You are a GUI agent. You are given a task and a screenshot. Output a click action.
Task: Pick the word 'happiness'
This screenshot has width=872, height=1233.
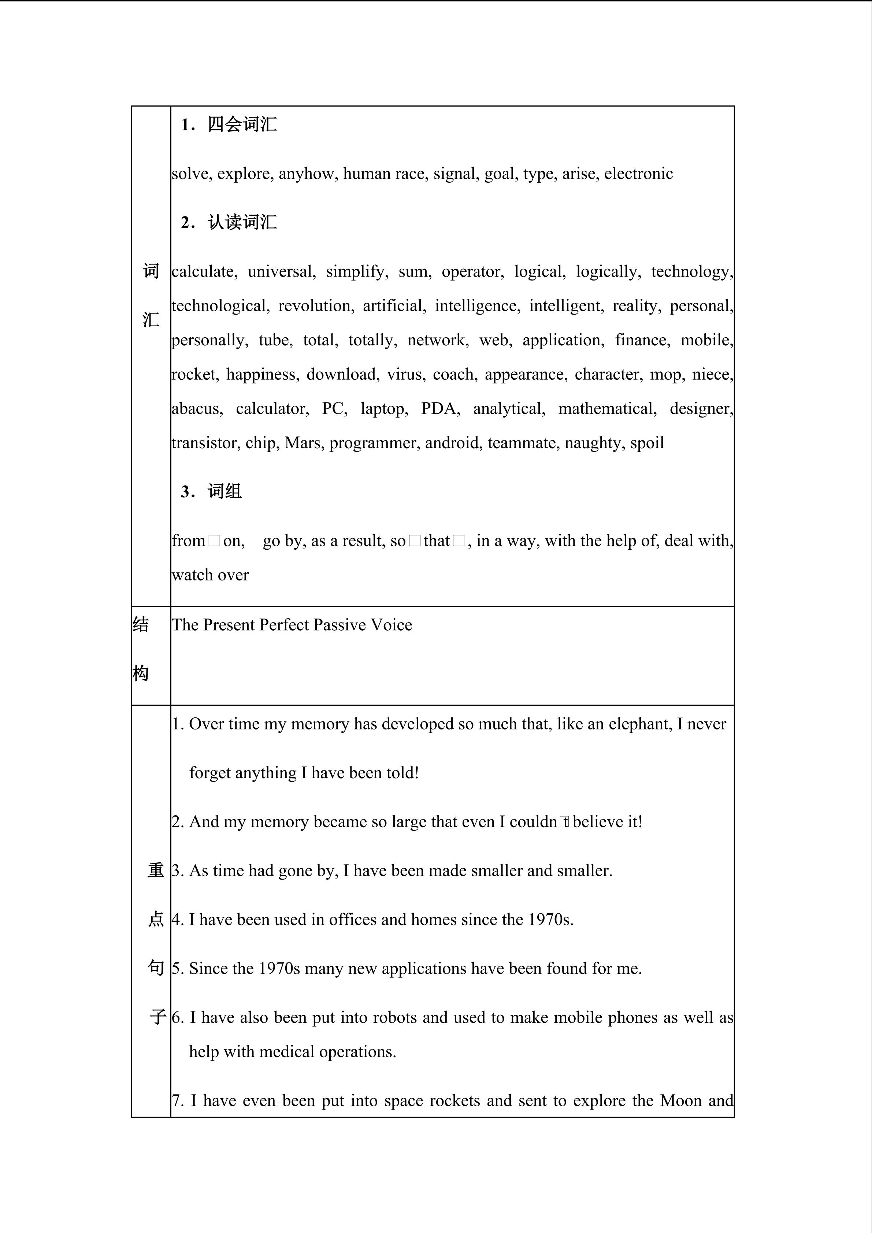261,374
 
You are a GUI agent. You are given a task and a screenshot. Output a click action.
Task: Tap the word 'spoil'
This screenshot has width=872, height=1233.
647,443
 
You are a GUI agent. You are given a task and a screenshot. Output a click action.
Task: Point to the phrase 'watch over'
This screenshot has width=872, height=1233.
211,575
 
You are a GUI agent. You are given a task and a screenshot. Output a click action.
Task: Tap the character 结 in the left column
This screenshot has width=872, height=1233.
141,624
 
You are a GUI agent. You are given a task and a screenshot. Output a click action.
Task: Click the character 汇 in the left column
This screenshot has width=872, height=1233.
151,320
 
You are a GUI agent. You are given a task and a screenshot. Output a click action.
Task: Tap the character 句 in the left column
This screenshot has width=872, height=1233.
156,968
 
